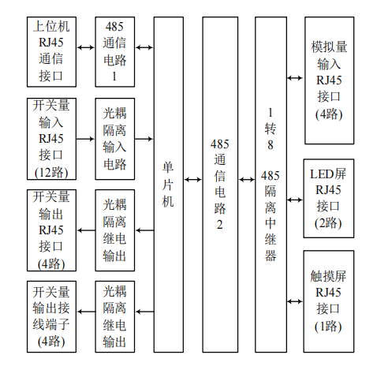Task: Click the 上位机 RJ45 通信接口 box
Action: (53, 52)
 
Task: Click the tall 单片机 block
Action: (168, 185)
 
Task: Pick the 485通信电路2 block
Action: (220, 185)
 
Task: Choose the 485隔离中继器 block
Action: (271, 185)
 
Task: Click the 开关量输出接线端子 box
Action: (53, 316)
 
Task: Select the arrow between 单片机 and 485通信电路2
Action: (192, 180)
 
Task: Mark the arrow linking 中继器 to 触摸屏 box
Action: (294, 301)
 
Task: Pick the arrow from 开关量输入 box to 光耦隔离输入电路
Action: (86, 137)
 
